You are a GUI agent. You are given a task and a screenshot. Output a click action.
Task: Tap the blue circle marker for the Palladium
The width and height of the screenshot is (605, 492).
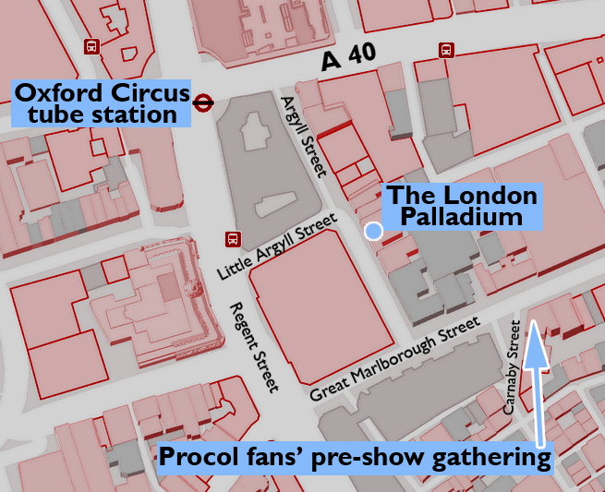[373, 231]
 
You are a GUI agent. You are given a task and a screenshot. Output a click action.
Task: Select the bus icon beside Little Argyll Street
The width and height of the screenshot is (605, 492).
[233, 239]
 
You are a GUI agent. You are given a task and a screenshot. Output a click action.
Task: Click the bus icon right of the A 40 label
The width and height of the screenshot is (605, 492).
[447, 51]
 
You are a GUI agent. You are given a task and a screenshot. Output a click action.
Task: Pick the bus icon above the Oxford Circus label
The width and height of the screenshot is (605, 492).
[91, 46]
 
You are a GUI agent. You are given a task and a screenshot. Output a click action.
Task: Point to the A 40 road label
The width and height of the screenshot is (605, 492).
[348, 59]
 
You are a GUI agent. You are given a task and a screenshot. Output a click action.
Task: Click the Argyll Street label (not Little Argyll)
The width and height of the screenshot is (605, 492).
[305, 135]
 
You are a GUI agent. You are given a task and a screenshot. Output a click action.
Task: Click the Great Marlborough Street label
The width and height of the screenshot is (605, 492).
[396, 360]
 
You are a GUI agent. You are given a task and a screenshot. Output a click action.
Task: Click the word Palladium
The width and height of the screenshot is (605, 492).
[461, 218]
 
